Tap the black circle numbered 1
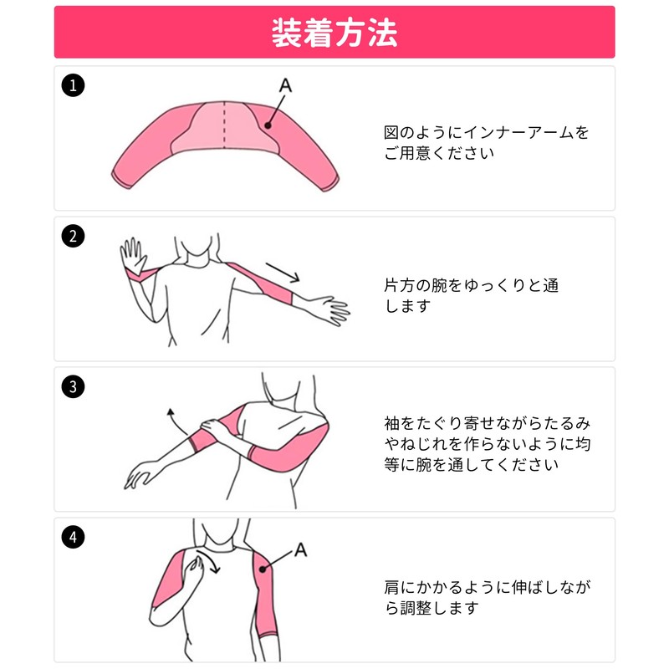tap(74, 84)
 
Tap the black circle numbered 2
tap(74, 236)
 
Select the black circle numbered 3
tap(74, 386)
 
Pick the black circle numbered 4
tap(74, 537)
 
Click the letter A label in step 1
tap(285, 85)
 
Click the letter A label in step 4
tap(301, 551)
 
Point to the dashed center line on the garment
tap(224, 125)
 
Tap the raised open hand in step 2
tap(131, 254)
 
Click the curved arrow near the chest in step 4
tap(211, 565)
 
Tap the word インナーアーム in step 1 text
tap(516, 133)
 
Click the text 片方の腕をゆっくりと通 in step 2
tap(471, 285)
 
